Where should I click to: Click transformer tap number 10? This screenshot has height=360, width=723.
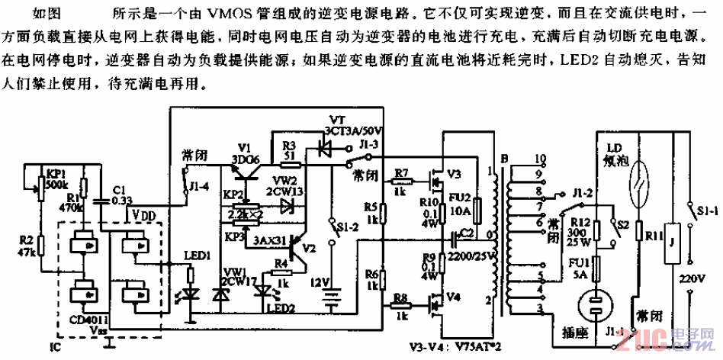point(539,159)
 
